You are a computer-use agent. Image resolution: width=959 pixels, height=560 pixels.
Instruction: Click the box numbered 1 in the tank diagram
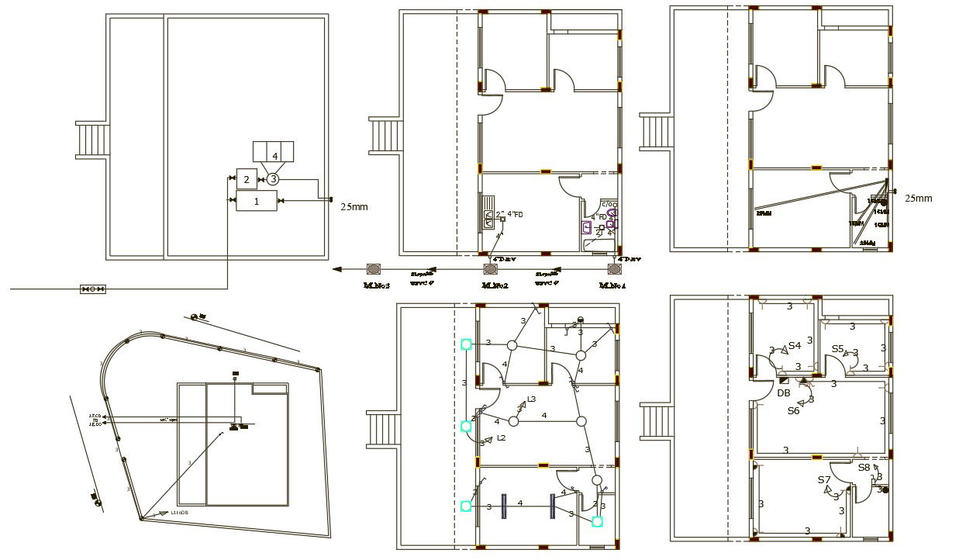coord(256,200)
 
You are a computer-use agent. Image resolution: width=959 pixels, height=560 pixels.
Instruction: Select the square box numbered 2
coord(246,179)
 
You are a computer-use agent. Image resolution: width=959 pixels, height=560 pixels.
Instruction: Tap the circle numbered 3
coord(273,179)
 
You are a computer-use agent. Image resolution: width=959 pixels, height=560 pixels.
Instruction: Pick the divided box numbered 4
coord(274,152)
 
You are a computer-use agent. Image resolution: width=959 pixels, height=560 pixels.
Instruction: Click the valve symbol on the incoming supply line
coord(92,289)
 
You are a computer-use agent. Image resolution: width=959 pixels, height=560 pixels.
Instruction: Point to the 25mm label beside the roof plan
coord(354,206)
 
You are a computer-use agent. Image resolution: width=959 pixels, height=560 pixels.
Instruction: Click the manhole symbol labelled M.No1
coord(614,269)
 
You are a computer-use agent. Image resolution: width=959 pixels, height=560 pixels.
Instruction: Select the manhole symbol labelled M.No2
coord(490,269)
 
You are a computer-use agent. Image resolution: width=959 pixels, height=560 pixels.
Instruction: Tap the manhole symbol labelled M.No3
coord(374,269)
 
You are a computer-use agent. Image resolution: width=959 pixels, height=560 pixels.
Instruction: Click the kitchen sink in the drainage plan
coord(489,219)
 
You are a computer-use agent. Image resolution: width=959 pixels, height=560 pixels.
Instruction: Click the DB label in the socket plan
coord(784,393)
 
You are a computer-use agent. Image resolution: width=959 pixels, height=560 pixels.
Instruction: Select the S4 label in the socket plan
coord(795,346)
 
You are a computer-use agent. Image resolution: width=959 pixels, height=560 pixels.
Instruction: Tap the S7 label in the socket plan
coord(824,480)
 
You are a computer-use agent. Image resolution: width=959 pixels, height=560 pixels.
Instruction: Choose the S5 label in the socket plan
coord(837,349)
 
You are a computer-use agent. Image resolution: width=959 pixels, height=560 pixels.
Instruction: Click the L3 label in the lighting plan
coord(531,399)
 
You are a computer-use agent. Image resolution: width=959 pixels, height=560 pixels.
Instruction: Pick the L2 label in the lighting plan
coord(502,438)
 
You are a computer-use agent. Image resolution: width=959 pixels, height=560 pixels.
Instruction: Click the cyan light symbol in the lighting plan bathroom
coord(597,521)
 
